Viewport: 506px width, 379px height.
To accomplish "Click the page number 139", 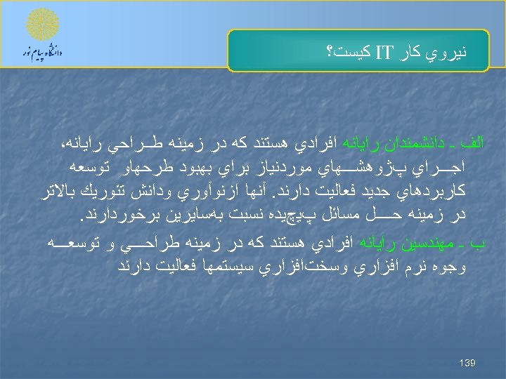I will click(467, 363).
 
